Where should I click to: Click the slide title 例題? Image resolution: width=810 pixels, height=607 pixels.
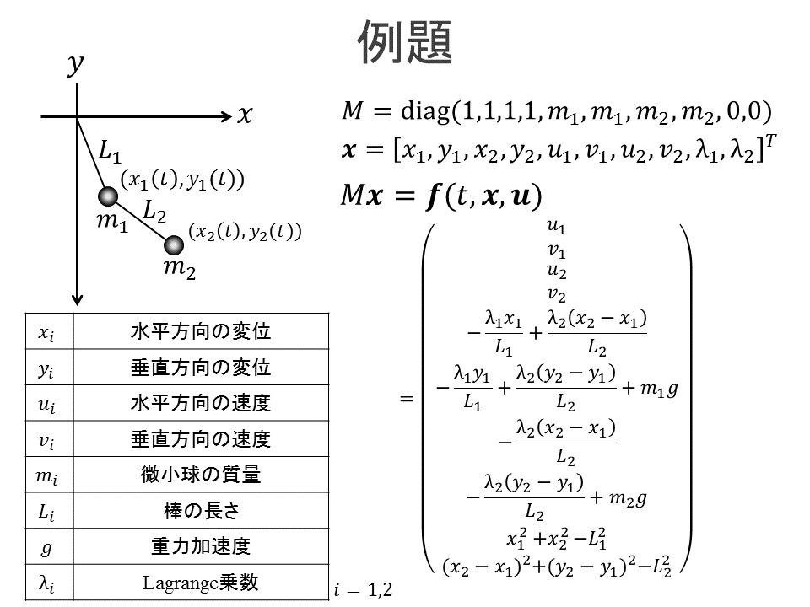tap(405, 40)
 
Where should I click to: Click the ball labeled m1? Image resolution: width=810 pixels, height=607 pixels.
tap(108, 197)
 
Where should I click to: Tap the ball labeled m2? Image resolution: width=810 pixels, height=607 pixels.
tap(174, 245)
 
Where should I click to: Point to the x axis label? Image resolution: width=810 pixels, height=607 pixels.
tap(245, 116)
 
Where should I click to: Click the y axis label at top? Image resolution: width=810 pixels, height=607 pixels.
tap(76, 65)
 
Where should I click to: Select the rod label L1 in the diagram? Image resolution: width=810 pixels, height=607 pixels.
tap(110, 153)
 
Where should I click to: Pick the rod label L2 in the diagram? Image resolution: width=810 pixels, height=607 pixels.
tap(154, 212)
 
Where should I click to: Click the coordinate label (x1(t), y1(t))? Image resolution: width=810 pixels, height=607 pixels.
tap(182, 179)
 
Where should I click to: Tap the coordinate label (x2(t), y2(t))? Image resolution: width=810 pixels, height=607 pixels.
tap(244, 231)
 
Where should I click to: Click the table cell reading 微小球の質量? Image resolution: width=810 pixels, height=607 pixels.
tap(200, 475)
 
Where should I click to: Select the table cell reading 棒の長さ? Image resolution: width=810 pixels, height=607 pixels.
tap(200, 511)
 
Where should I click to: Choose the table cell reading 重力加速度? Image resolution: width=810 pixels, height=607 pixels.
tap(200, 546)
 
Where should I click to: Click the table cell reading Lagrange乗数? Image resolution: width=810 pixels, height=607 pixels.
tap(200, 583)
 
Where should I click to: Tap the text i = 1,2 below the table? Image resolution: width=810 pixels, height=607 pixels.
tap(363, 589)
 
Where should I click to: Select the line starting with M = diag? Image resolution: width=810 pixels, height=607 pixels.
tap(557, 110)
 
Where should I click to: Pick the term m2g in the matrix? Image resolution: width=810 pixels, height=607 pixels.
tap(628, 498)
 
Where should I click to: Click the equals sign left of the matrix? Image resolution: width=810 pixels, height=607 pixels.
tap(408, 398)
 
